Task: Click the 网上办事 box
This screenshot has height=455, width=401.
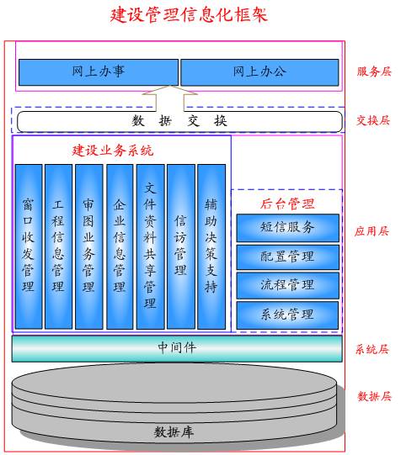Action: [99, 72]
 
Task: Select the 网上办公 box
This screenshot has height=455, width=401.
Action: [259, 72]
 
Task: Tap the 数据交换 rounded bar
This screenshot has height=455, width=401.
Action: [179, 121]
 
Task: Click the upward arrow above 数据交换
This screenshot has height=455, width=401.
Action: [170, 98]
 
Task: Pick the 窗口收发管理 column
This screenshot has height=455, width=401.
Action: [29, 246]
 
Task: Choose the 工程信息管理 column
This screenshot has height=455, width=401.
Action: [58, 246]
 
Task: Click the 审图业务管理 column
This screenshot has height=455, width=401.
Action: [89, 246]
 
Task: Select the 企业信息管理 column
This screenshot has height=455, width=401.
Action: [120, 246]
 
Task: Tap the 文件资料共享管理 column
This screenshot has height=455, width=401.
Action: [151, 246]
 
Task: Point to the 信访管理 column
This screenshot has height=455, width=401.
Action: [181, 246]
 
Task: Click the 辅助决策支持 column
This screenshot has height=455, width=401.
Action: [211, 246]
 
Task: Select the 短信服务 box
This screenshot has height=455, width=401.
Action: [287, 228]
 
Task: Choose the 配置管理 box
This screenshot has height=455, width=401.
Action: [287, 257]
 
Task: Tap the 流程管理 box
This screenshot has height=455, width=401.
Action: [287, 285]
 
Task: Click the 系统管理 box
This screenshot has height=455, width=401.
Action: [287, 315]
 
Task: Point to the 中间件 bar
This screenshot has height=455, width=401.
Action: [177, 348]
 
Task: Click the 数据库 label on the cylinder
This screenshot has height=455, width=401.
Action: [174, 432]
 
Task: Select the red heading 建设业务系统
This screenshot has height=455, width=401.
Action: [113, 151]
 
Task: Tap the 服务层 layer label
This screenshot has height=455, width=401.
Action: [374, 71]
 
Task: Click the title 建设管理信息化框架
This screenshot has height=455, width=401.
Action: [189, 15]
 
